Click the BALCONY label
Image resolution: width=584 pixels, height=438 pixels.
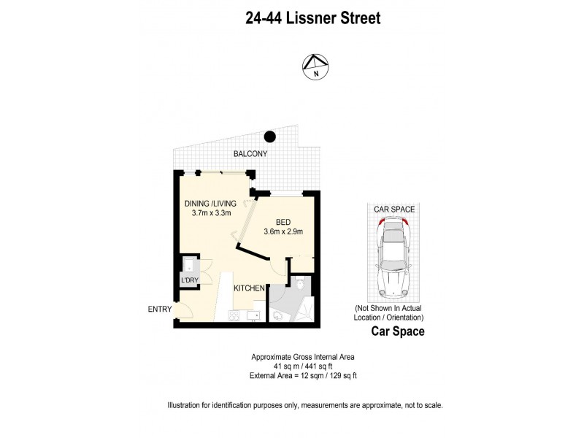click(250, 154)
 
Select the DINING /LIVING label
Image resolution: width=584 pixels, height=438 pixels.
click(212, 204)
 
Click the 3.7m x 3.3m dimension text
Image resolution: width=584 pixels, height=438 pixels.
click(212, 214)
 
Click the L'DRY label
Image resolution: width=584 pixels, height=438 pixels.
click(189, 280)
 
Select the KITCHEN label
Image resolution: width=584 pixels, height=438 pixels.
click(249, 289)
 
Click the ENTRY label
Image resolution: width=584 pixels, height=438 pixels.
click(160, 310)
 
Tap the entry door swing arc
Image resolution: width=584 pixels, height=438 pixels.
click(183, 311)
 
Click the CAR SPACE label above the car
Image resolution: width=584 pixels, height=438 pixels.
click(394, 210)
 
